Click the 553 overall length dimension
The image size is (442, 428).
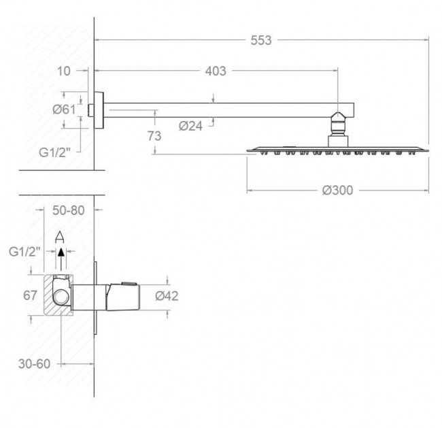tap(261, 40)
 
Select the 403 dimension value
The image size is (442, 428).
tap(216, 71)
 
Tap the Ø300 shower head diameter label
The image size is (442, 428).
tap(337, 191)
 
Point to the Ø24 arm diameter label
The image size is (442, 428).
tap(190, 126)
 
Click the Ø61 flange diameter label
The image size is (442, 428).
tap(65, 110)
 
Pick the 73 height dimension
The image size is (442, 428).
tap(154, 136)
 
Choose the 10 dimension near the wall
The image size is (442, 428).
tap(64, 71)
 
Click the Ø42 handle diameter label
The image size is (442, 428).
tap(167, 296)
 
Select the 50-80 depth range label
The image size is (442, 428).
tap(69, 210)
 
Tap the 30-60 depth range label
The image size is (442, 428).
tap(35, 364)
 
